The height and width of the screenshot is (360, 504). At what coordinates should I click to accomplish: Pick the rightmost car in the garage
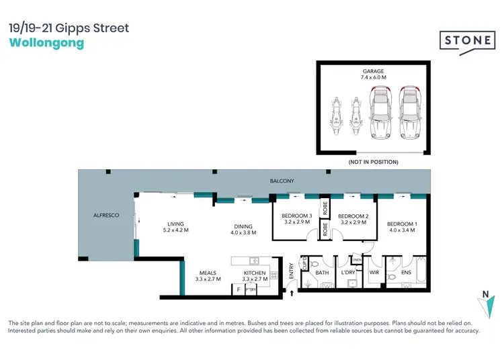pyautogui.click(x=409, y=114)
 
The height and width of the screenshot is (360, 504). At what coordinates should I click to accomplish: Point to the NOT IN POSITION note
pyautogui.click(x=373, y=162)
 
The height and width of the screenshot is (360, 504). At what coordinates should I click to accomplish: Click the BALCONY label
pyautogui.click(x=282, y=181)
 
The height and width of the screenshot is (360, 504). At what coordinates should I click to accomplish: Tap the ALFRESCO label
pyautogui.click(x=106, y=216)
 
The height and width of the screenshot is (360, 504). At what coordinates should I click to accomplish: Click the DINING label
pyautogui.click(x=243, y=226)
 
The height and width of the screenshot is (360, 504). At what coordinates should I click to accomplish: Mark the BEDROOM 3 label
pyautogui.click(x=296, y=216)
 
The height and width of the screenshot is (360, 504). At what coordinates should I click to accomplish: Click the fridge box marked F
pyautogui.click(x=237, y=289)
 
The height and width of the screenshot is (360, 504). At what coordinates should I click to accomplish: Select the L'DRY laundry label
pyautogui.click(x=348, y=273)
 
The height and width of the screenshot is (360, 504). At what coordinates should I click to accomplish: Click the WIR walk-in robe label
pyautogui.click(x=375, y=273)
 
